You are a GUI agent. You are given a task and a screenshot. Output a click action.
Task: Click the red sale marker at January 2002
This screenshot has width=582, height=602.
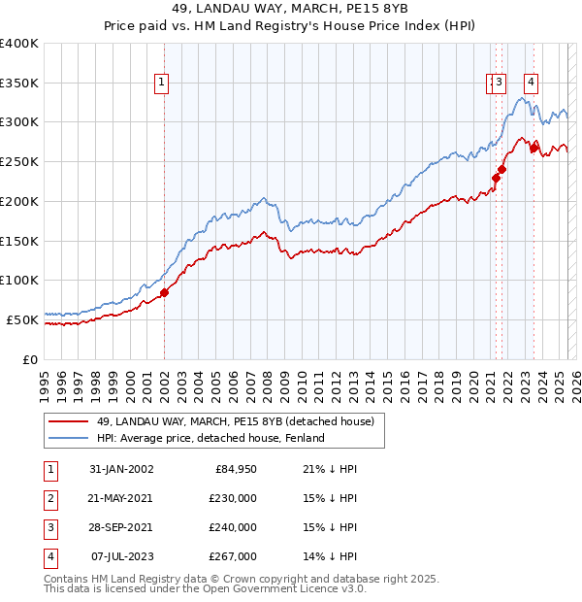pos(164,292)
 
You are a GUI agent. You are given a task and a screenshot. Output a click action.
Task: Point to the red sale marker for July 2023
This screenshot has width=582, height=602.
pos(533,148)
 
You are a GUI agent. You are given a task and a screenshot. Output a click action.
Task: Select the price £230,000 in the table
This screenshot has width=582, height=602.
pos(234,498)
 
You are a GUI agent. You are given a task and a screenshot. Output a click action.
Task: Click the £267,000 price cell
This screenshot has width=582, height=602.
pos(234,556)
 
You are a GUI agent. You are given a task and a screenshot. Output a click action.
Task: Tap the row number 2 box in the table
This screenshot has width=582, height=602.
pos(48,498)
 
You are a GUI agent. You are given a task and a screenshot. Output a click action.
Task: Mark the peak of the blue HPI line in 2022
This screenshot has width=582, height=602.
pos(522,97)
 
